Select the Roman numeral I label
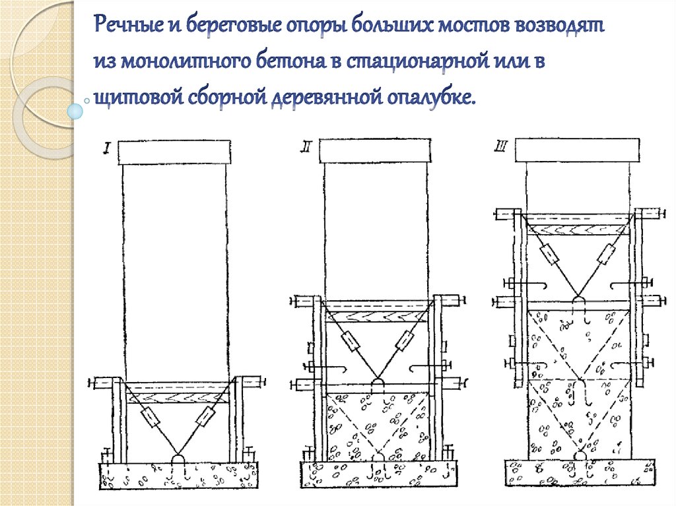click(x=106, y=150)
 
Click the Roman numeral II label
click(x=306, y=147)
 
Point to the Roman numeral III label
click(x=500, y=146)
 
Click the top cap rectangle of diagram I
click(x=174, y=152)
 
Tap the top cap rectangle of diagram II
click(x=375, y=150)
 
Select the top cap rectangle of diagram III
click(x=577, y=150)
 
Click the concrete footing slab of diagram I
click(x=178, y=476)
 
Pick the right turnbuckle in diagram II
click(x=405, y=341)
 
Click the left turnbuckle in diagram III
click(x=550, y=254)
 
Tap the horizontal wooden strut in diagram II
click(x=376, y=317)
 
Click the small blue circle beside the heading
click(x=75, y=111)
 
